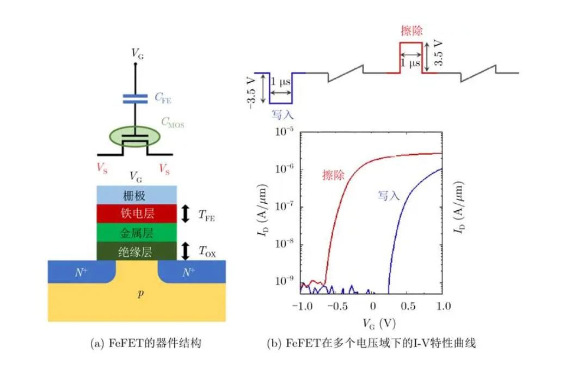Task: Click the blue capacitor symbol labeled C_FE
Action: (x=135, y=98)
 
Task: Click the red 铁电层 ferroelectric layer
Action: (x=137, y=214)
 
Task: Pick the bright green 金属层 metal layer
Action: (x=137, y=233)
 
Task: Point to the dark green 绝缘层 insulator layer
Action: (x=137, y=251)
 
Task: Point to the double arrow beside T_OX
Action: (x=185, y=251)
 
